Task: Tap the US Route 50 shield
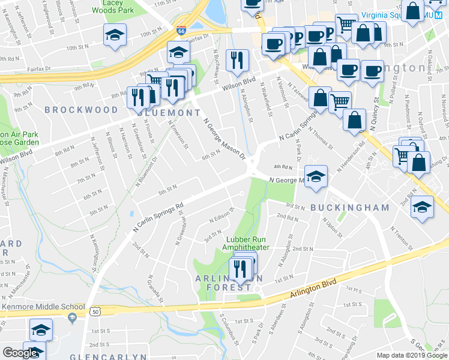95,311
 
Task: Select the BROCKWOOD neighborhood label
81,110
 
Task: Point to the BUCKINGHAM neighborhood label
350,207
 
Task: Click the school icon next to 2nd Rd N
423,207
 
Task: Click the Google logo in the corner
20,353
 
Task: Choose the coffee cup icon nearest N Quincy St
372,70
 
